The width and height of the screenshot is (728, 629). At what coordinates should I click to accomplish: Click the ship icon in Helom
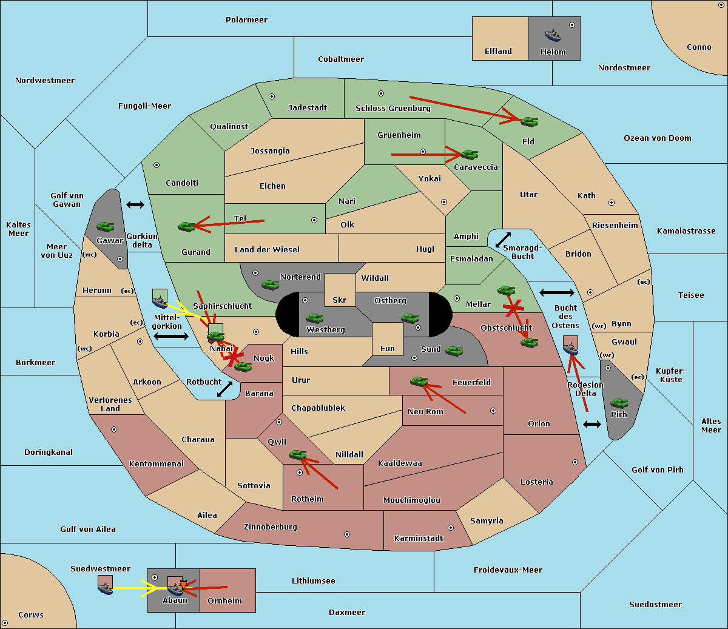tap(553, 35)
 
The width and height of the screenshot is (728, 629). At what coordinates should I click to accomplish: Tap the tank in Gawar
tap(105, 226)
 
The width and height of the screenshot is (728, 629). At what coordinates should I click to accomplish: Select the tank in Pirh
tap(619, 403)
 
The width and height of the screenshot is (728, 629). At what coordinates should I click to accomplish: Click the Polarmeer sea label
tap(246, 20)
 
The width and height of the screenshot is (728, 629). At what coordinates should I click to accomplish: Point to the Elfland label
tap(498, 52)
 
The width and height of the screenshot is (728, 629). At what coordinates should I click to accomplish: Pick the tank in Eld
tap(529, 122)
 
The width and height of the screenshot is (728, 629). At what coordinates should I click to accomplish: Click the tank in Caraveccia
tap(469, 154)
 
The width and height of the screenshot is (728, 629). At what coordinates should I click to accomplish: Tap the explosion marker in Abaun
tap(183, 585)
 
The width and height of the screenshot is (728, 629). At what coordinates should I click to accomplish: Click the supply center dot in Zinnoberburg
tap(347, 534)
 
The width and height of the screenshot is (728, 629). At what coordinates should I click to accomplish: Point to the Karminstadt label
tap(419, 538)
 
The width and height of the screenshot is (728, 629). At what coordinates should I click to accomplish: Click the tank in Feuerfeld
tap(419, 381)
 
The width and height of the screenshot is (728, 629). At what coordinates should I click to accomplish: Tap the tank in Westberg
tap(314, 318)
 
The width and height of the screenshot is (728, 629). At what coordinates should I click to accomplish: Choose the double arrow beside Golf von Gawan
tap(135, 204)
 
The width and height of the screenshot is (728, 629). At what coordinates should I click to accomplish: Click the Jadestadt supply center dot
tap(272, 96)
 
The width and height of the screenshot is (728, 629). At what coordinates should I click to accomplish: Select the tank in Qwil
tap(298, 455)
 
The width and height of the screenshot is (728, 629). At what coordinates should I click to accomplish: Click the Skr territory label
tap(340, 300)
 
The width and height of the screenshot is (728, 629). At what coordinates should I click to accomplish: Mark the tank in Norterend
tap(270, 284)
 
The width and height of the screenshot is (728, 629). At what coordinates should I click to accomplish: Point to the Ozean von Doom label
tap(658, 138)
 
